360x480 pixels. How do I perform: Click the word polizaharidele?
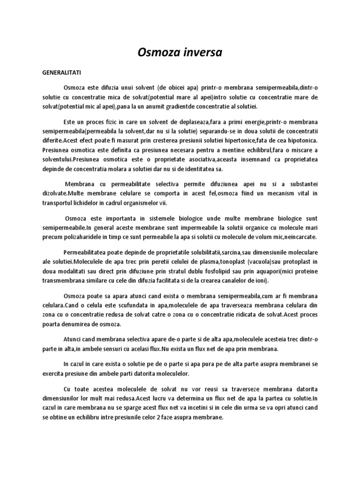pyautogui.click(x=91, y=237)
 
